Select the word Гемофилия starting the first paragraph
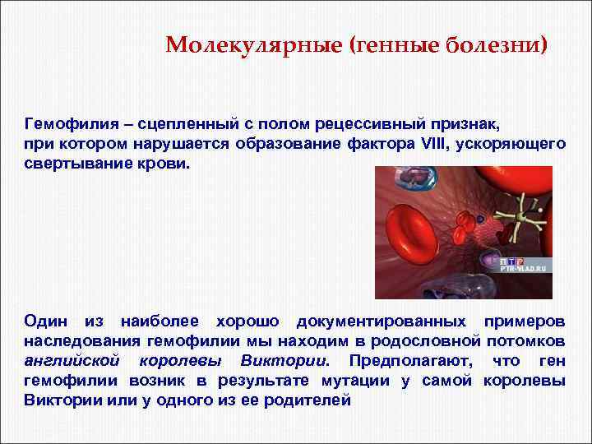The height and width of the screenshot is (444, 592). coord(63,124)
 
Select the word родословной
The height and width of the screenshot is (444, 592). coord(433,340)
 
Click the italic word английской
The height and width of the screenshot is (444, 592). coord(72,360)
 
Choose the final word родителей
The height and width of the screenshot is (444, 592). coord(309,400)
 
